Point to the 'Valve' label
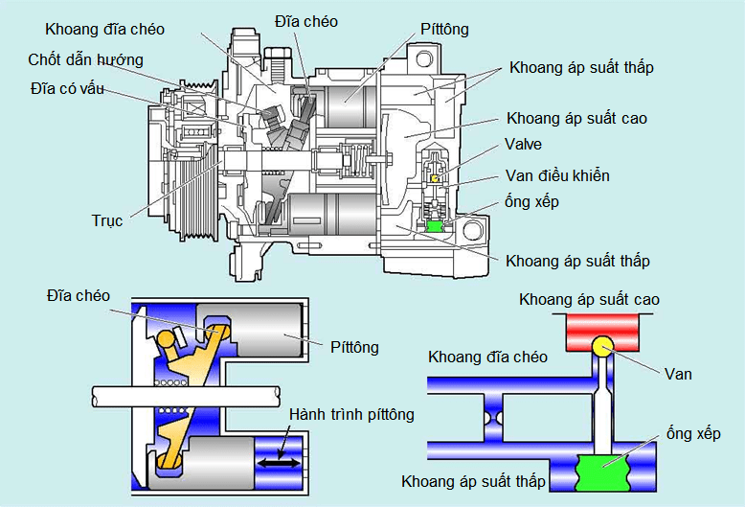coord(524,145)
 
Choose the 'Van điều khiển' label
coord(557,175)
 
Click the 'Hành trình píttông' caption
coord(352,415)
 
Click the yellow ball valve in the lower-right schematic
coord(602,346)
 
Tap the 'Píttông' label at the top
coord(444,29)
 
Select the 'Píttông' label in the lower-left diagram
coord(353,346)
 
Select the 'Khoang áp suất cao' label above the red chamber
coord(589,300)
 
